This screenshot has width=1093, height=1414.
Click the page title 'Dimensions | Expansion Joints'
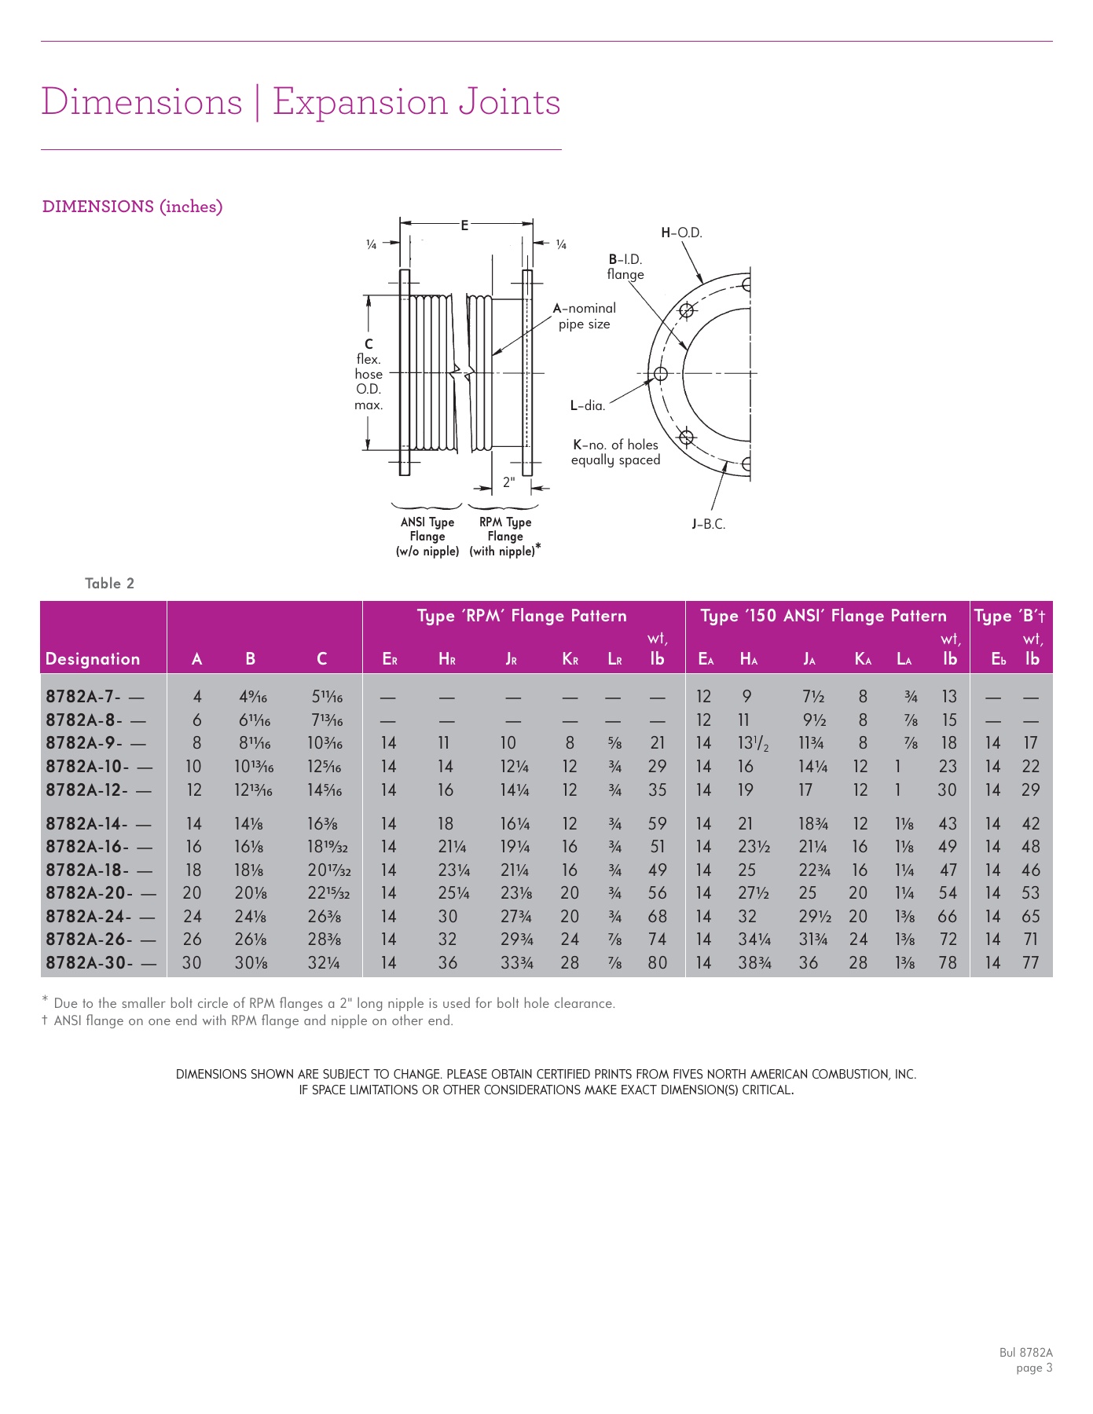300,102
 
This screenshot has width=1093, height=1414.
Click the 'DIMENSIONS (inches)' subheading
132,207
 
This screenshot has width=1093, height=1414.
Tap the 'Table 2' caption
109,583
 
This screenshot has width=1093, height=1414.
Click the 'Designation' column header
93,659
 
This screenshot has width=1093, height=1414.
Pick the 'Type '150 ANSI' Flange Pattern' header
823,616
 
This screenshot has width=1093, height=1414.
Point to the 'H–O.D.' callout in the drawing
681,233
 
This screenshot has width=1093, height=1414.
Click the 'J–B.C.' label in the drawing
708,524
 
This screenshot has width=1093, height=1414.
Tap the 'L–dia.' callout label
588,405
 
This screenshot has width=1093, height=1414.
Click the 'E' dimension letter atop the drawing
464,225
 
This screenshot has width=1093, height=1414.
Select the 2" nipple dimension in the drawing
509,482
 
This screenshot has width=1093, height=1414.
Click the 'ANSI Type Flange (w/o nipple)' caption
427,537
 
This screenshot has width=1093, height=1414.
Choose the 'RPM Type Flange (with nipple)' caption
504,537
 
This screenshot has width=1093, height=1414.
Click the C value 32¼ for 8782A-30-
323,962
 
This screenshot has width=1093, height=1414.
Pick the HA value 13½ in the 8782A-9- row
752,743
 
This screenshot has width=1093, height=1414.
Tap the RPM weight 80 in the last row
657,962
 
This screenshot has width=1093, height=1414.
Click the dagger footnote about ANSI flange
248,1021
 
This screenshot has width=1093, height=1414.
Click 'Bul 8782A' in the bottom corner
1025,1353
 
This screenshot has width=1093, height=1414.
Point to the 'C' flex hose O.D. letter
369,344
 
